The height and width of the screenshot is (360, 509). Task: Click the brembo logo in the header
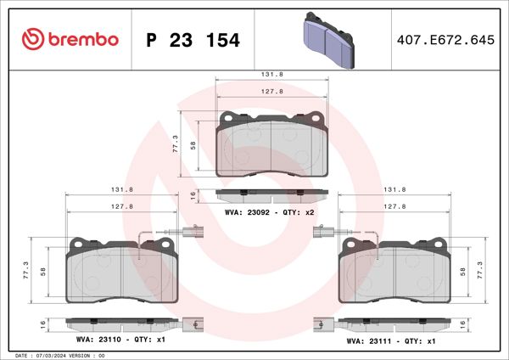click(x=66, y=39)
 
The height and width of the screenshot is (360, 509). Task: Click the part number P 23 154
click(x=193, y=40)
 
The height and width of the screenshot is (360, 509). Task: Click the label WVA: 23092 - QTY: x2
click(x=269, y=212)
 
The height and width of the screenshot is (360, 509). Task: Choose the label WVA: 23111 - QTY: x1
click(x=391, y=340)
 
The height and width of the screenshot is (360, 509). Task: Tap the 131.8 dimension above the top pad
click(x=271, y=75)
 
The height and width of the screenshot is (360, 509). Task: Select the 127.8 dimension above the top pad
click(x=271, y=93)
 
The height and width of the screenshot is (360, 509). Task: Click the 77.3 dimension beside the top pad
click(x=176, y=143)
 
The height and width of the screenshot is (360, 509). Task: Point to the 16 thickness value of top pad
click(x=193, y=195)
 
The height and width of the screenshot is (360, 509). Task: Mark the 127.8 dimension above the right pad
click(x=394, y=206)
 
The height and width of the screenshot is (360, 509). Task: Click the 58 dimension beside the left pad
click(x=43, y=274)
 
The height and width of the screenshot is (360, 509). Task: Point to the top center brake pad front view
click(x=271, y=144)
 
